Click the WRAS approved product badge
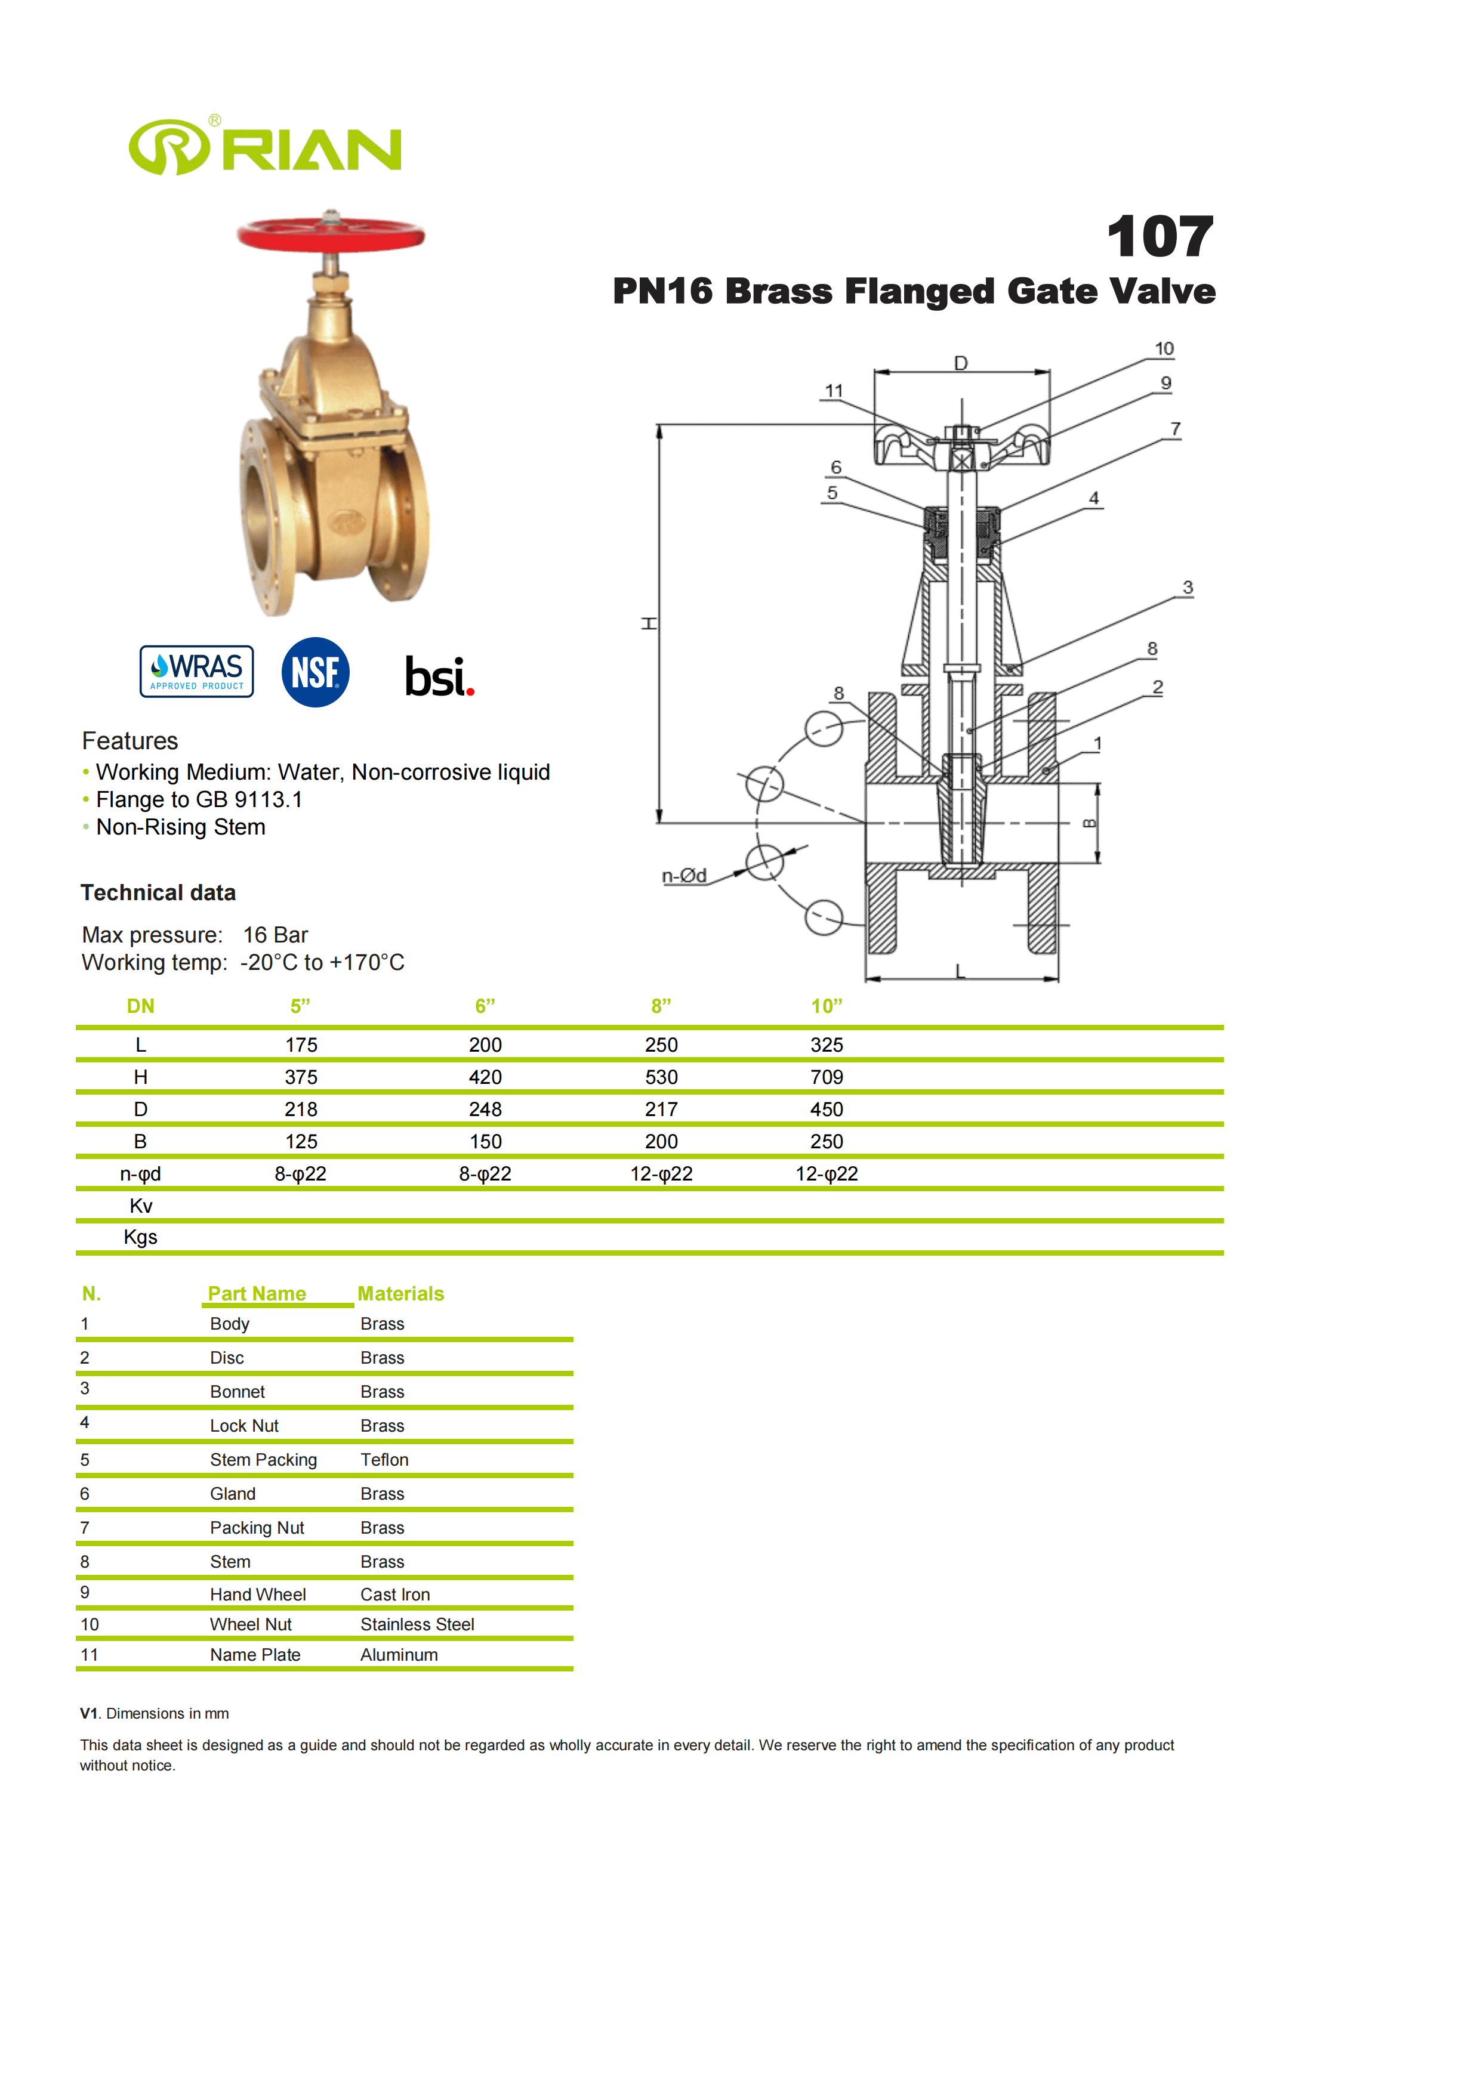[x=197, y=672]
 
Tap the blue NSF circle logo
[x=315, y=672]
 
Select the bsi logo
[x=439, y=676]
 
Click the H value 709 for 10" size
[x=827, y=1077]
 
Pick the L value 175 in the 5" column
[x=301, y=1045]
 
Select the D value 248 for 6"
[x=485, y=1109]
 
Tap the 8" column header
[x=661, y=1006]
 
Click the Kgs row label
[x=140, y=1237]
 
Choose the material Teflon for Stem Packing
[x=384, y=1460]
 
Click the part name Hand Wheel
[x=258, y=1595]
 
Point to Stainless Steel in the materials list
[x=417, y=1624]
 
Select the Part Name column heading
[x=257, y=1294]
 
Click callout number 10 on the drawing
[x=1164, y=349]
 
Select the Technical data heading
[x=158, y=893]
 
